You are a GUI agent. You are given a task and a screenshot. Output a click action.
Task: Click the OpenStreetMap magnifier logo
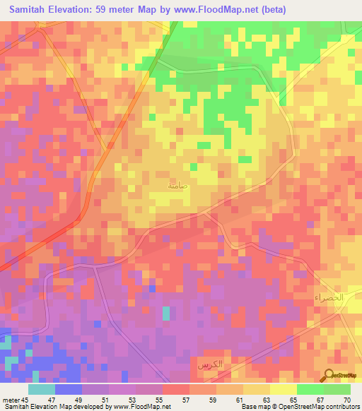click(x=329, y=375)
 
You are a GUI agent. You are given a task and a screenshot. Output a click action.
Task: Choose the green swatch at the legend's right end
click(x=337, y=389)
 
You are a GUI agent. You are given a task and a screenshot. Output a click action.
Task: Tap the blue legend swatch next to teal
click(x=68, y=389)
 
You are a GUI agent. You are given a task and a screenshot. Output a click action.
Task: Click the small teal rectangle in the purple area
click(x=166, y=314)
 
